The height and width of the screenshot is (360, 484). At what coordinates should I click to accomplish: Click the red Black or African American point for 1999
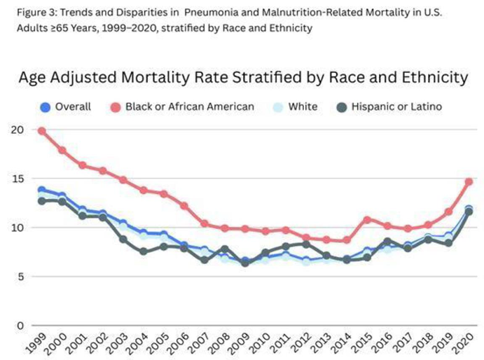pyautogui.click(x=41, y=132)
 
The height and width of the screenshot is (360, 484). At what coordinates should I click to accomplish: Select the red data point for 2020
pyautogui.click(x=469, y=182)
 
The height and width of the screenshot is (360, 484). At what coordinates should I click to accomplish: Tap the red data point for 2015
pyautogui.click(x=367, y=220)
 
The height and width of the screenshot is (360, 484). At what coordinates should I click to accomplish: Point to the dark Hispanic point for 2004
pyautogui.click(x=143, y=251)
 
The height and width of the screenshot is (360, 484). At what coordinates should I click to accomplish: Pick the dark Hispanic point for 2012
pyautogui.click(x=306, y=244)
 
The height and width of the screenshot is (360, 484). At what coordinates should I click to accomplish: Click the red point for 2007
pyautogui.click(x=205, y=223)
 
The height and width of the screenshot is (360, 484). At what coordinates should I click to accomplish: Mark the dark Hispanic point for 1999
pyautogui.click(x=41, y=201)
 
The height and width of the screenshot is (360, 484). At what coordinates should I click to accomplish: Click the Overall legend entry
pyautogui.click(x=65, y=107)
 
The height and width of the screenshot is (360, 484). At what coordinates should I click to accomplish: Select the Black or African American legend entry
pyautogui.click(x=182, y=107)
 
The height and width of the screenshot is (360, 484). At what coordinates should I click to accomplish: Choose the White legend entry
pyautogui.click(x=295, y=107)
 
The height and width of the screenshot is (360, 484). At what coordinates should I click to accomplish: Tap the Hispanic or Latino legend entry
pyautogui.click(x=389, y=107)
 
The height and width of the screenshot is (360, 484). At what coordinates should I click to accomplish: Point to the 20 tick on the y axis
pyautogui.click(x=18, y=130)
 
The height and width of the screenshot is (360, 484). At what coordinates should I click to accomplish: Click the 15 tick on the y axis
pyautogui.click(x=18, y=179)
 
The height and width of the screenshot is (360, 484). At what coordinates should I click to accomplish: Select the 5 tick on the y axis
pyautogui.click(x=20, y=277)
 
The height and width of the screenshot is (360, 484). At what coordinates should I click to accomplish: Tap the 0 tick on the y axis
pyautogui.click(x=20, y=326)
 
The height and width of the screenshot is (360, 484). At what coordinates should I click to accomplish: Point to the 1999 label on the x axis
pyautogui.click(x=36, y=343)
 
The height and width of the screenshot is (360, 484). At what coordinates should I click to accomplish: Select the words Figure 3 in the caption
pyautogui.click(x=36, y=13)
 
